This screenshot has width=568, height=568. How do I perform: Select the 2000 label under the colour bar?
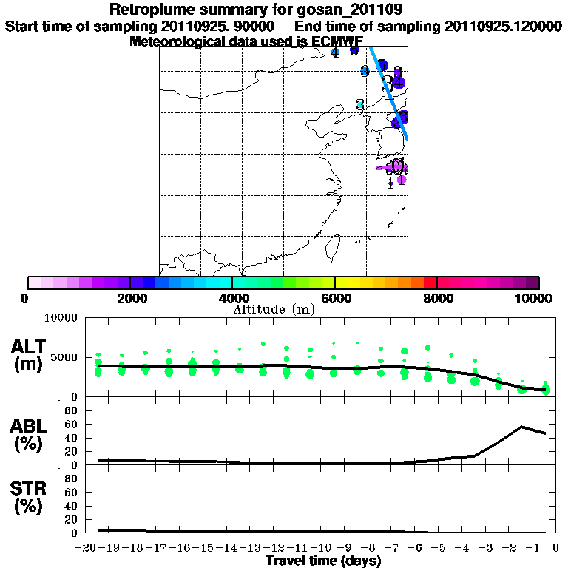click(x=129, y=298)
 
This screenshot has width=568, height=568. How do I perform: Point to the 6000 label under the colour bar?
click(x=335, y=298)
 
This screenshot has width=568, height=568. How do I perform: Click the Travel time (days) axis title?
click(x=323, y=561)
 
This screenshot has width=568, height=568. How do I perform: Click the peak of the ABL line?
click(x=522, y=427)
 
